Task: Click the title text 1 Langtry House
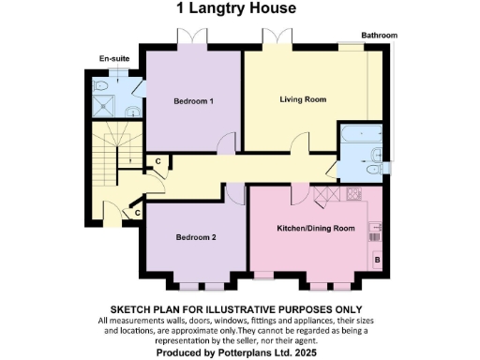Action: (236, 9)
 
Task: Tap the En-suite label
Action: (113, 59)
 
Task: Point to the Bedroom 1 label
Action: (194, 101)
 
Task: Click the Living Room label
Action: (302, 98)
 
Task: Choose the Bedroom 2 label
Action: (196, 237)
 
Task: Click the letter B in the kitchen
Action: (377, 258)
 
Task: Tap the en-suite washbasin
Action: (133, 112)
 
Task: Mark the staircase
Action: (112, 159)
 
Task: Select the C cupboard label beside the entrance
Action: (137, 214)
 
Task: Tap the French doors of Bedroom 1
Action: (191, 37)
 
